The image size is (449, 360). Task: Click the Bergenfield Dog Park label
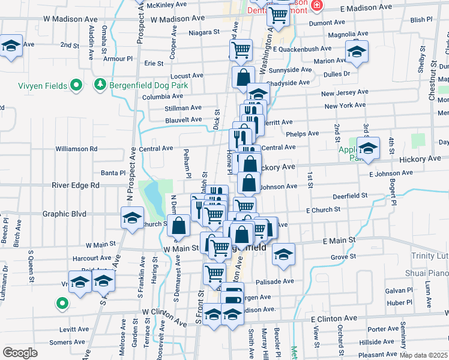pos(149,85)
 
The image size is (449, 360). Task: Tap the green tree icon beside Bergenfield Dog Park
pos(101,85)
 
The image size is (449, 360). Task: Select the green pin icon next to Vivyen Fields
pos(76,86)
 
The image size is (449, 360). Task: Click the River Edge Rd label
pos(75,185)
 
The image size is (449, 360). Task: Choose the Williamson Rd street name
pos(76,148)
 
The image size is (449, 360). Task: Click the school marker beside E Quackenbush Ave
pos(357,52)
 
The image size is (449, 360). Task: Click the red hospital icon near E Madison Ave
pos(317,5)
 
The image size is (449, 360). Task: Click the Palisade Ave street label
pos(276,281)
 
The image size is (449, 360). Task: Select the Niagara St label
pos(204,33)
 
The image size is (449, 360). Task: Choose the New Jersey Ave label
pos(343,94)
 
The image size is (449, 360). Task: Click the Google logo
pos(20,353)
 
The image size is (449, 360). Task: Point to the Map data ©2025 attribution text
pos(423,355)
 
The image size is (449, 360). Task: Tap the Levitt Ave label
pos(74,329)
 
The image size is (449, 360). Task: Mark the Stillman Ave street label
pos(184,108)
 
